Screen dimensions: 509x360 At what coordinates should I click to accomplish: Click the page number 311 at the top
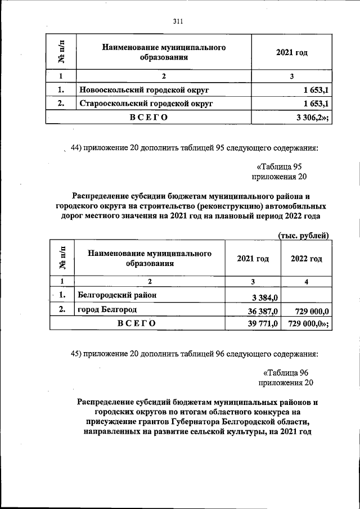pos(178,22)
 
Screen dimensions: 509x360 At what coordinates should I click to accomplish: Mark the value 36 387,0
pos(260,311)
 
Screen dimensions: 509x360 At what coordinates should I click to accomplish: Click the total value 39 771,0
pos(260,323)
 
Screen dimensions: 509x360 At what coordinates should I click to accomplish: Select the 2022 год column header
pos(306,259)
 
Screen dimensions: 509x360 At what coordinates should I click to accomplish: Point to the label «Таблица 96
pos(286,372)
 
